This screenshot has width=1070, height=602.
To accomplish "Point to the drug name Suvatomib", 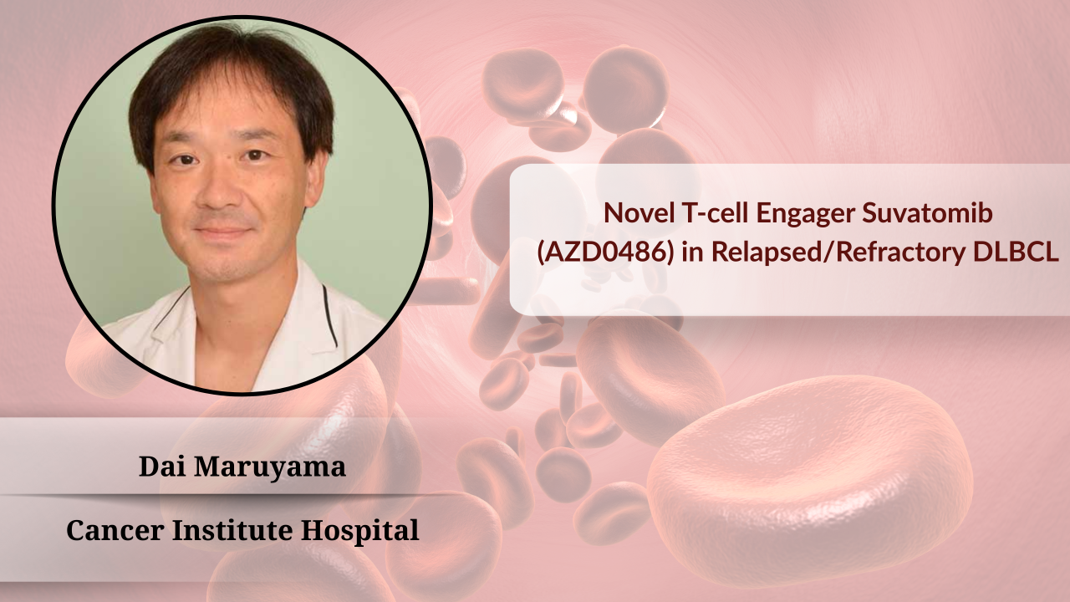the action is coord(927,212).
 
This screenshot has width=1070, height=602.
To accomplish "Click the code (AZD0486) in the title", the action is coord(606,253).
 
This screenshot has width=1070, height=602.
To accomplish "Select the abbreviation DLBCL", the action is coord(1016,253).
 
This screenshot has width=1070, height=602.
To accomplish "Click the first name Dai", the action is coord(161,467).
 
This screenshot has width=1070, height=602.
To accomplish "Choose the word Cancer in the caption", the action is coord(115,530).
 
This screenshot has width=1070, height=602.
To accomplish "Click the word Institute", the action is coord(232,530).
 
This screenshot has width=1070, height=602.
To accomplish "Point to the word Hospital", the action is coord(360,531).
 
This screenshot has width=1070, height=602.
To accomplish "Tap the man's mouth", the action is coord(223,232).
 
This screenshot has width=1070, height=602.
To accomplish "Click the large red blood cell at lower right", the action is coord(810,480).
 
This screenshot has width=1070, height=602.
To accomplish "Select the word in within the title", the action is coord(692,253).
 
